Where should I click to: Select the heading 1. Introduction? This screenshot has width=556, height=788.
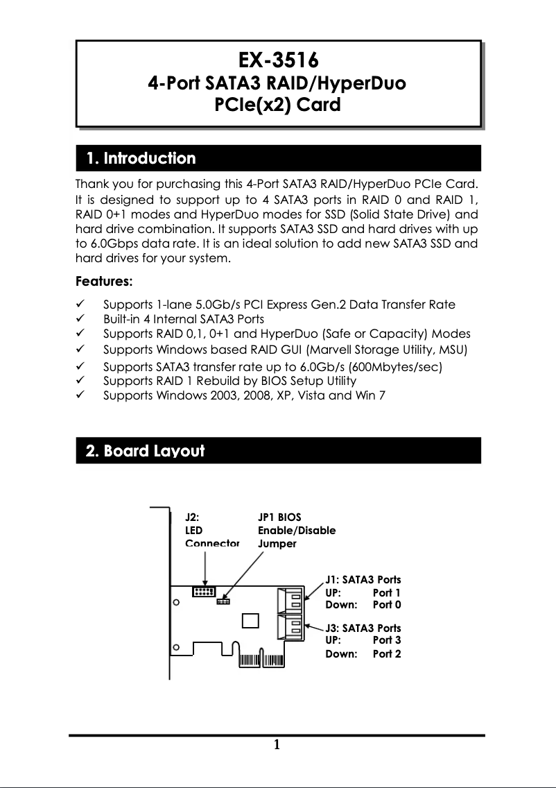click(141, 159)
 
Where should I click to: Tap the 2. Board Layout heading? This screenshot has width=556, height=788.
click(145, 451)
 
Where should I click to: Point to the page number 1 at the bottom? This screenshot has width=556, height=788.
click(277, 746)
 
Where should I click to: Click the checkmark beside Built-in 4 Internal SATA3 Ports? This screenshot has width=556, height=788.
click(81, 319)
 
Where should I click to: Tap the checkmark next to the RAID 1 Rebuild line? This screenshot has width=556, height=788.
click(81, 381)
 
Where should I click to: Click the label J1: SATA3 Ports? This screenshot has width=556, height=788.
click(363, 579)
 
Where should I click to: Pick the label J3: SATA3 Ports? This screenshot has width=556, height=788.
click(363, 628)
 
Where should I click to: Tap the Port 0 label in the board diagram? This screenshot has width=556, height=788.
click(387, 605)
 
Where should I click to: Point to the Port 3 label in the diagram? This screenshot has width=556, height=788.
click(387, 640)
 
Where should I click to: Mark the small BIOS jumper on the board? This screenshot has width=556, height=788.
click(223, 601)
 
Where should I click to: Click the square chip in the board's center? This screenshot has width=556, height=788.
click(250, 621)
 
